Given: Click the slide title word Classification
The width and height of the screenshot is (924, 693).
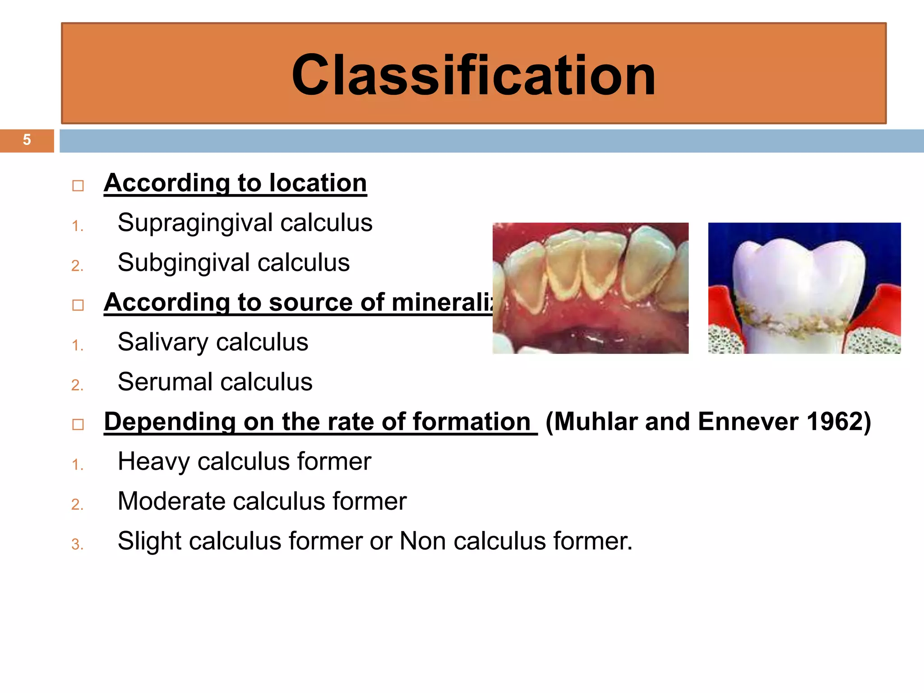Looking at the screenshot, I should (473, 75).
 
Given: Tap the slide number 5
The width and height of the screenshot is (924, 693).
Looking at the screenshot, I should (27, 140).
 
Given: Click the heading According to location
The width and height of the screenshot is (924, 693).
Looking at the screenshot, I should (235, 183).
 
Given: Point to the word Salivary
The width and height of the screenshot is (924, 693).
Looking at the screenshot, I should (163, 342).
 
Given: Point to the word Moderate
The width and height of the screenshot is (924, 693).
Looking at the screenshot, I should (171, 501).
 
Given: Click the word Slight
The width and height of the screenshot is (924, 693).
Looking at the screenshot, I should (149, 541).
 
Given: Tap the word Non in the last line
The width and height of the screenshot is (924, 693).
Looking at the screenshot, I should (422, 541).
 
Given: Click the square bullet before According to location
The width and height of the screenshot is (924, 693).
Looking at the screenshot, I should (78, 186).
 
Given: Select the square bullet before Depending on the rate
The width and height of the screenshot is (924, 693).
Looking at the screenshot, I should (78, 425).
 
